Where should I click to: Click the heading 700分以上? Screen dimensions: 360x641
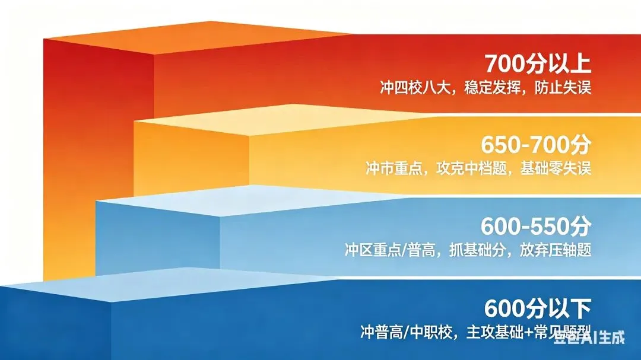click(x=538, y=63)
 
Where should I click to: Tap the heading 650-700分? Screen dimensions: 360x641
click(x=536, y=145)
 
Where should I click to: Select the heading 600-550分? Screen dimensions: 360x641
click(x=536, y=226)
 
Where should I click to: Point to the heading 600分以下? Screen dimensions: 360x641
click(x=538, y=308)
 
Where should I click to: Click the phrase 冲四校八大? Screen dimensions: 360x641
click(x=409, y=88)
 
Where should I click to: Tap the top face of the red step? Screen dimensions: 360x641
click(x=196, y=37)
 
